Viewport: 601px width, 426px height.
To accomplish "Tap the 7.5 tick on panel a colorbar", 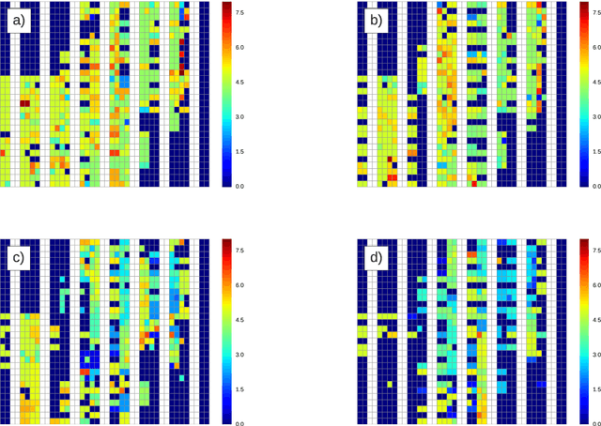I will (239, 13).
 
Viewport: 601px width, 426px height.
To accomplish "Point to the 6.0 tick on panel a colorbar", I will (239, 48).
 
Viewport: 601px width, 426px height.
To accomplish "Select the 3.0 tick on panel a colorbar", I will (239, 117).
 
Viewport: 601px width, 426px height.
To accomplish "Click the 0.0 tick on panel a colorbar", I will (239, 186).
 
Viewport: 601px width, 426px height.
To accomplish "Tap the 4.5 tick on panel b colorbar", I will (596, 83).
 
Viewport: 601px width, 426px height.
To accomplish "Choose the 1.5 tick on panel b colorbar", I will (596, 151).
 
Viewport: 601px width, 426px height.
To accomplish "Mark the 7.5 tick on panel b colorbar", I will (596, 13).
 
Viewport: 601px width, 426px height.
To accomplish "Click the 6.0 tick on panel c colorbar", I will (239, 285).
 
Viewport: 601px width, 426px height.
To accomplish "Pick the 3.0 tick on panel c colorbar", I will (239, 355).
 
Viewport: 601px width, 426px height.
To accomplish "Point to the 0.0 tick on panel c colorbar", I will (239, 423).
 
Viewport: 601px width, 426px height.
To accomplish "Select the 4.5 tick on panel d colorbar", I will (596, 320).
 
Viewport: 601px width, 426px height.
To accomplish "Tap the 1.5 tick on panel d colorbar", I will (596, 388).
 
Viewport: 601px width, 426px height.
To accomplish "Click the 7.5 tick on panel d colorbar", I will (596, 251).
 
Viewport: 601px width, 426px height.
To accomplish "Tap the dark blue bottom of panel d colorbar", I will (584, 420).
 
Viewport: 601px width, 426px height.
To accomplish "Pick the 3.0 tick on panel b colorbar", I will (596, 117).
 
